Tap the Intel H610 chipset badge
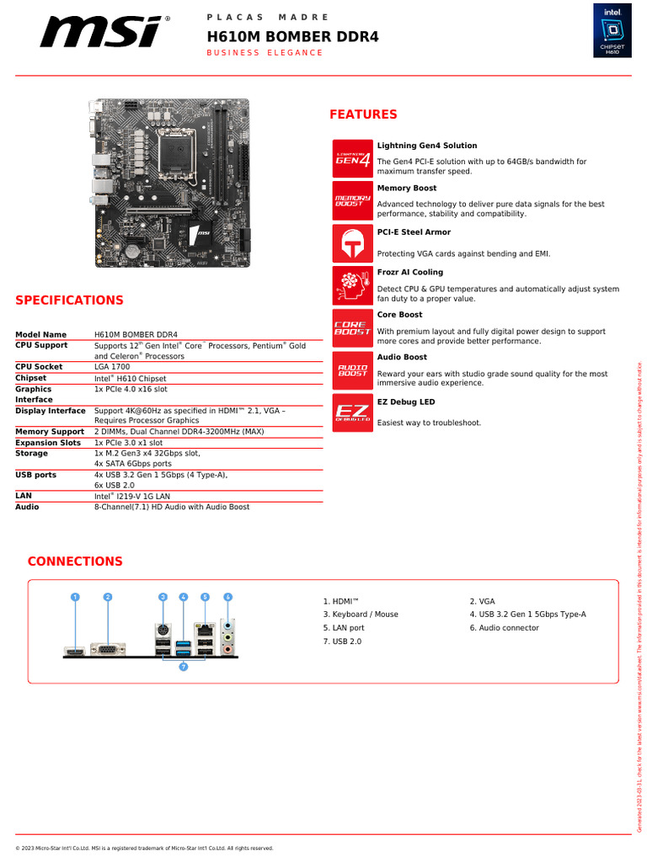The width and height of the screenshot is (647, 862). click(612, 30)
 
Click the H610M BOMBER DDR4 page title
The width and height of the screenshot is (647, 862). click(293, 36)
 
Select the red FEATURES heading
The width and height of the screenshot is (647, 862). click(363, 114)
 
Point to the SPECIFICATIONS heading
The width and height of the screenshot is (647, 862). click(69, 301)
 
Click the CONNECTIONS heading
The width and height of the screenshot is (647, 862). click(75, 561)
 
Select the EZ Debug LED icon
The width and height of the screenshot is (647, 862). click(353, 412)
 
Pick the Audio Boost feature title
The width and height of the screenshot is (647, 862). click(402, 357)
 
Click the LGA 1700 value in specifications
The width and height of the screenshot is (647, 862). click(112, 367)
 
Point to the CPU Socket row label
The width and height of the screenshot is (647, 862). click(39, 367)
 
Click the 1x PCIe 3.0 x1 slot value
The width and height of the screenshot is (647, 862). click(129, 443)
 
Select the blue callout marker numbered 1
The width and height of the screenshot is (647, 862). click(75, 597)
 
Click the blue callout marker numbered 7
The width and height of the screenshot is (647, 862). click(183, 667)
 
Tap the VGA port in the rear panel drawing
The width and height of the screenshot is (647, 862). click(108, 649)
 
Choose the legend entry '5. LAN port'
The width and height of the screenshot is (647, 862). click(344, 628)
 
